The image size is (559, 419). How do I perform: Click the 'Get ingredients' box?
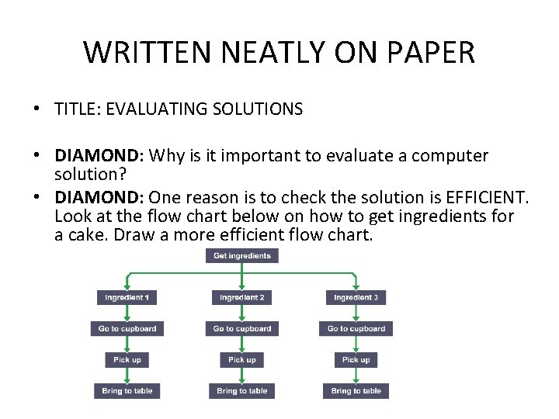(x=242, y=255)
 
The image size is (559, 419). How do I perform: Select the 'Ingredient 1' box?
(x=127, y=297)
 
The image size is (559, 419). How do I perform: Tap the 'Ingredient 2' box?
(x=242, y=297)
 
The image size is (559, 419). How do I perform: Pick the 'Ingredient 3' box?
(x=356, y=297)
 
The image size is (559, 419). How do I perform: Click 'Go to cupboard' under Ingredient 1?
(x=127, y=329)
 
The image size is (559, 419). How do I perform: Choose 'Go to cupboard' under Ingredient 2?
(x=242, y=329)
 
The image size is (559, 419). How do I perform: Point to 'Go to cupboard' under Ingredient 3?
(x=356, y=329)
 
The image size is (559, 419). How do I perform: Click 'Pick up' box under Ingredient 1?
(x=127, y=360)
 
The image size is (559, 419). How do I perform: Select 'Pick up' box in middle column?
(x=242, y=360)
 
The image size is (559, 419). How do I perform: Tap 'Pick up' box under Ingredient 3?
(x=356, y=360)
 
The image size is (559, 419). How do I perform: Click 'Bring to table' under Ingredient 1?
(x=127, y=391)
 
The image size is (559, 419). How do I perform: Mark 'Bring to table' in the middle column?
(x=242, y=391)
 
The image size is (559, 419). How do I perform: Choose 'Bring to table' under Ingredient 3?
(x=356, y=391)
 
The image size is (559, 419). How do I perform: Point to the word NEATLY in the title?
(x=250, y=53)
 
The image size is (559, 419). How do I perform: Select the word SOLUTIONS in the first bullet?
(x=255, y=109)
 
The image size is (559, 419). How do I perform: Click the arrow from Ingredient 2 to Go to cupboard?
(x=242, y=313)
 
